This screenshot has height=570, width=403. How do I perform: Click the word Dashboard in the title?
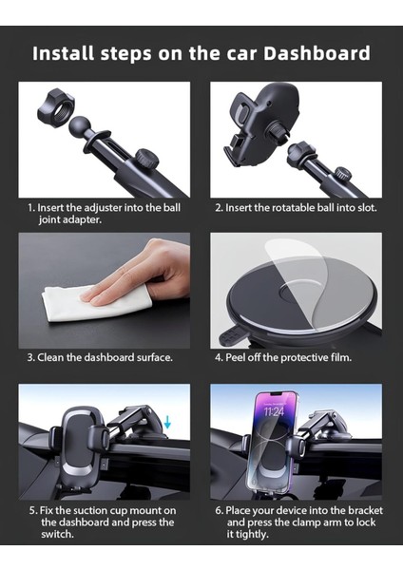pos(317,53)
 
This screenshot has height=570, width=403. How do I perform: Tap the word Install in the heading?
pos(64,53)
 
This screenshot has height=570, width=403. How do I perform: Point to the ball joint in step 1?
pos(80,127)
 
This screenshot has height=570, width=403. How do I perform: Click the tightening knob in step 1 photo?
pos(147,159)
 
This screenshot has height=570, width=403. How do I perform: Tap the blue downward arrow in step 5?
pos(167,422)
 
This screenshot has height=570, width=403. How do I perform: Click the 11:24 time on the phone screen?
pos(274,412)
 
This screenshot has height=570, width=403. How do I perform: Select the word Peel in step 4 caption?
pos(236,357)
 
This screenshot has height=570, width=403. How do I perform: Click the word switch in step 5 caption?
pos(56,534)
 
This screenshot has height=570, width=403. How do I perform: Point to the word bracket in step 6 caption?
pos(365,510)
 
